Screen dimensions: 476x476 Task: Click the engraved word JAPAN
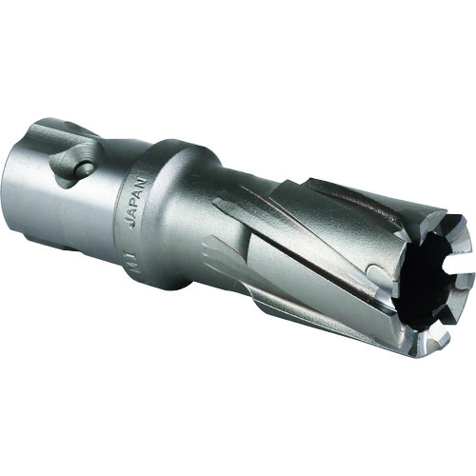tap(133, 200)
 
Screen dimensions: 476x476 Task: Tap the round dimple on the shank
tap(84, 170)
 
